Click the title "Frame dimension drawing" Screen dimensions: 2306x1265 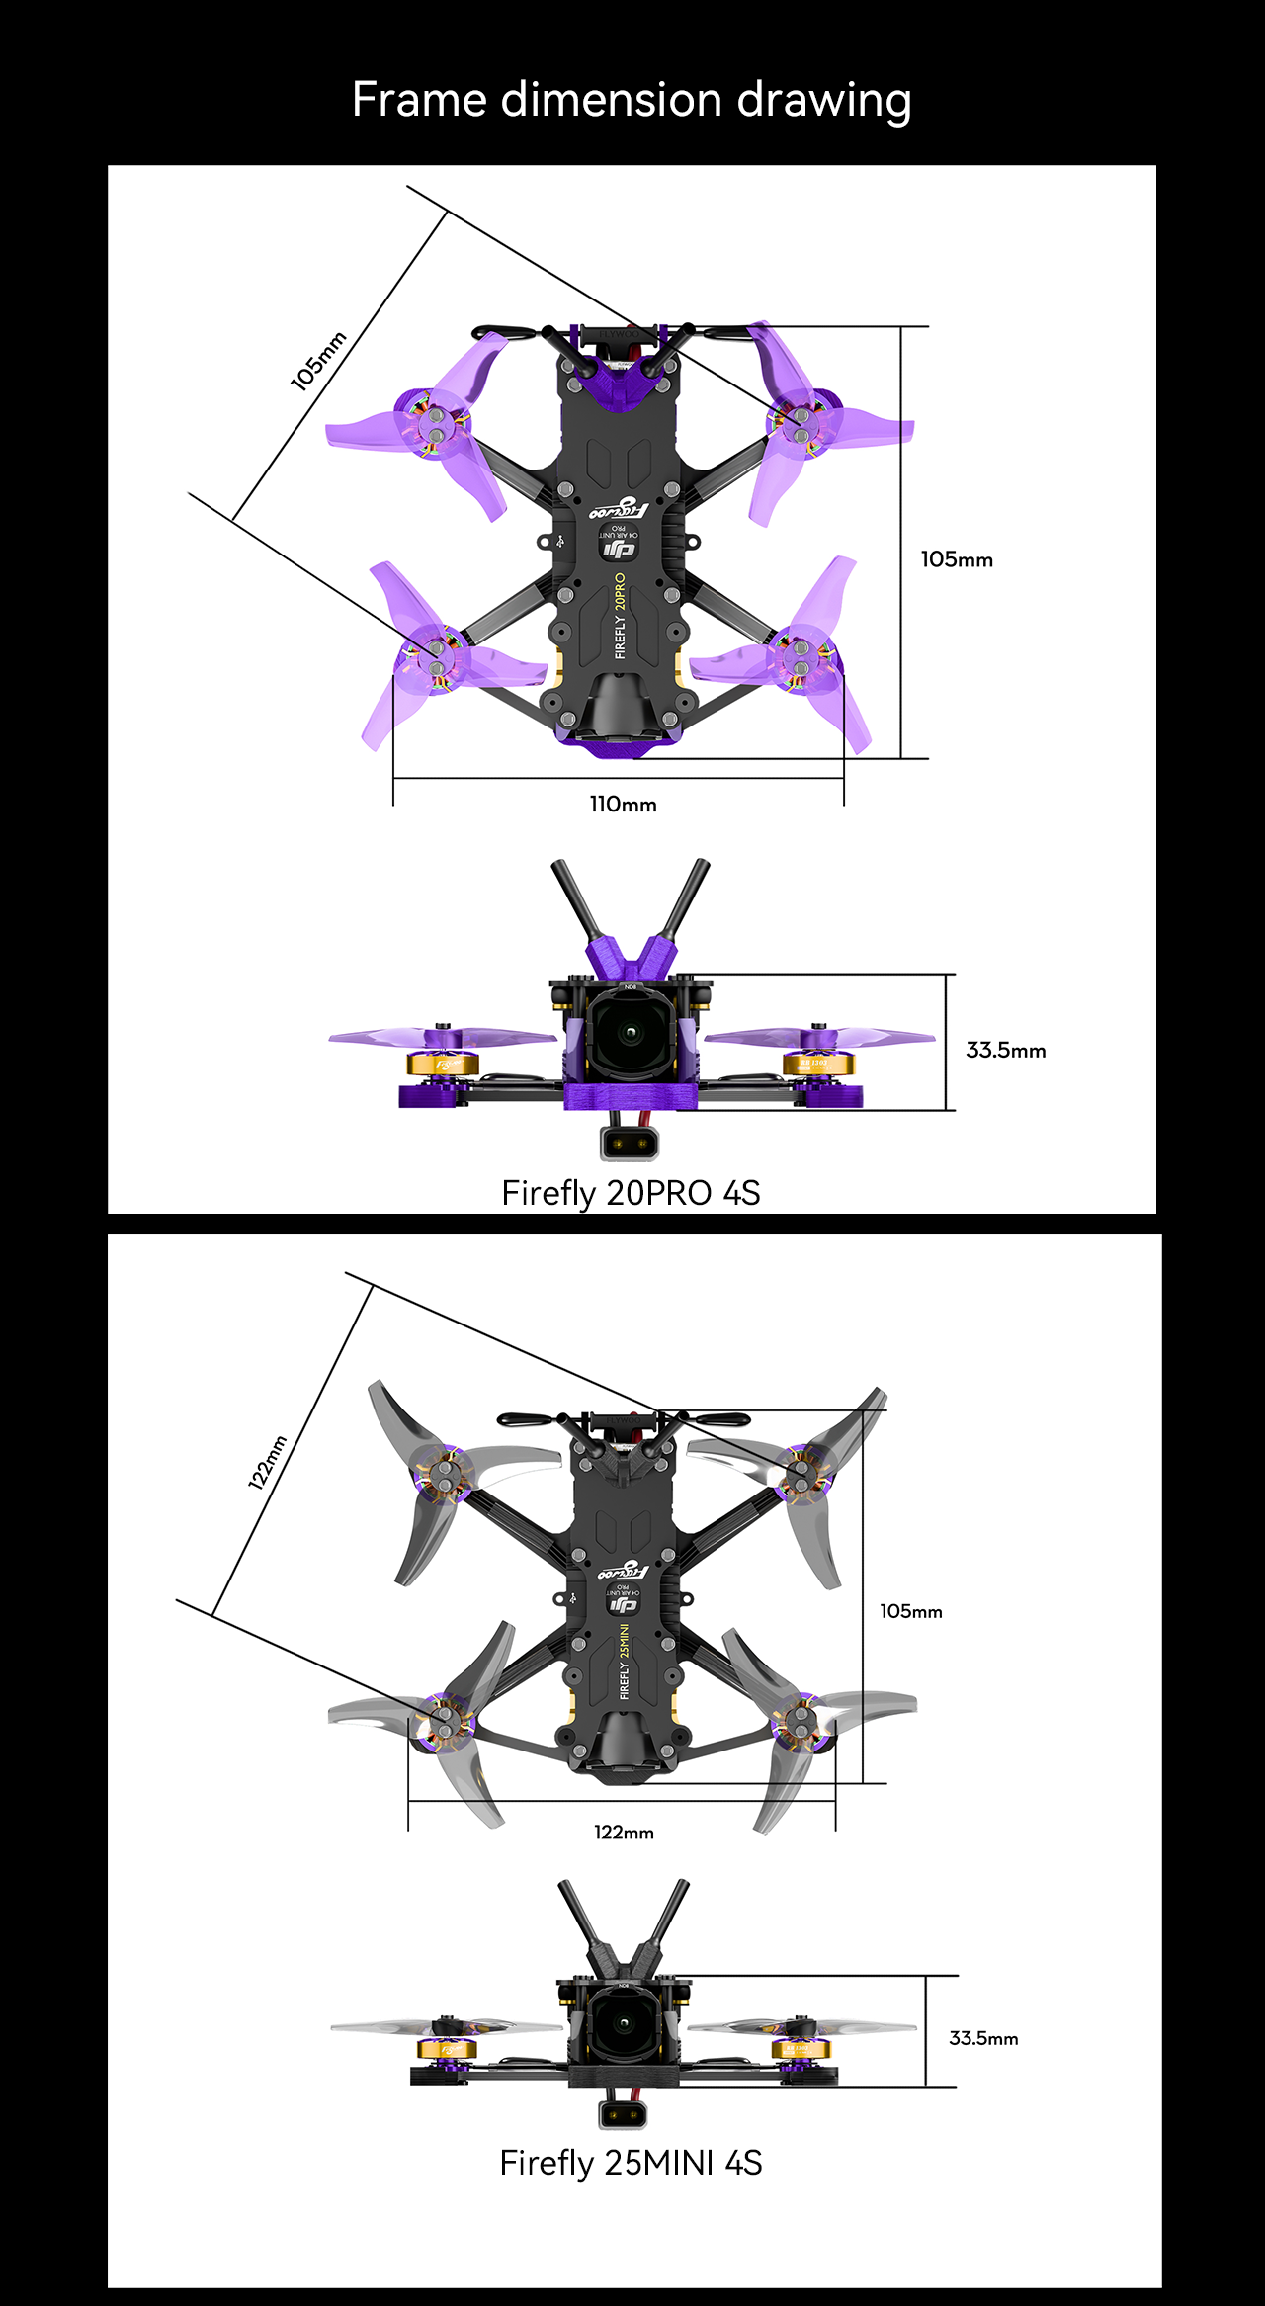[x=632, y=101]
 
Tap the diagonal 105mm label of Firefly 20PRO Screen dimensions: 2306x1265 [x=318, y=361]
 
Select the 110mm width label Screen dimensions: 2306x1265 [x=623, y=805]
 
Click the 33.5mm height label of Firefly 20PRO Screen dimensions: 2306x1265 [x=1005, y=1050]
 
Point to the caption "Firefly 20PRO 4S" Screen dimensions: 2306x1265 [x=631, y=1193]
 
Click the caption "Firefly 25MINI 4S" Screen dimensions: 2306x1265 [x=631, y=2163]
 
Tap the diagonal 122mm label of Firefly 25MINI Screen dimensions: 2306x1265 [x=267, y=1462]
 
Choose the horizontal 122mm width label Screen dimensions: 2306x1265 [x=624, y=1833]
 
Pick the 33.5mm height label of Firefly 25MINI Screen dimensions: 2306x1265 [x=983, y=2038]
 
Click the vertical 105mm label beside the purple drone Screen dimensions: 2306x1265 [x=957, y=559]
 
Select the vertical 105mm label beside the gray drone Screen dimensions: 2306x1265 [x=911, y=1611]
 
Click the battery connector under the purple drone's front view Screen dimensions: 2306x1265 [x=629, y=1145]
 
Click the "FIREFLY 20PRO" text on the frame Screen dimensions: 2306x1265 [x=620, y=616]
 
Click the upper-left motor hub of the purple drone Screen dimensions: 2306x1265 [x=434, y=425]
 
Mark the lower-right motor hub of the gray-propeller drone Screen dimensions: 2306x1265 [x=801, y=1722]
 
